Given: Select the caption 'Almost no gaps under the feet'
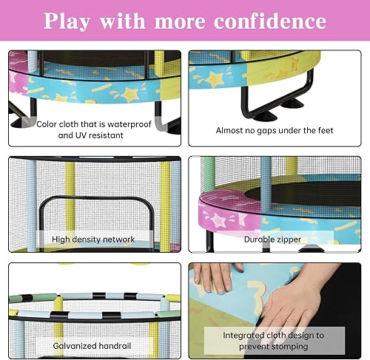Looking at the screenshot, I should (274, 131).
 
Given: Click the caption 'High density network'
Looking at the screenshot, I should (93, 240).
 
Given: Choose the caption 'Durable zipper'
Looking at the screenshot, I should (273, 240).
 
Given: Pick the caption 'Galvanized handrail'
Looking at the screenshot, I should (93, 344).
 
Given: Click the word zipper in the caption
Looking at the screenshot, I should (289, 240).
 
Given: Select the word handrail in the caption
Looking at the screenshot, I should (113, 344).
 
